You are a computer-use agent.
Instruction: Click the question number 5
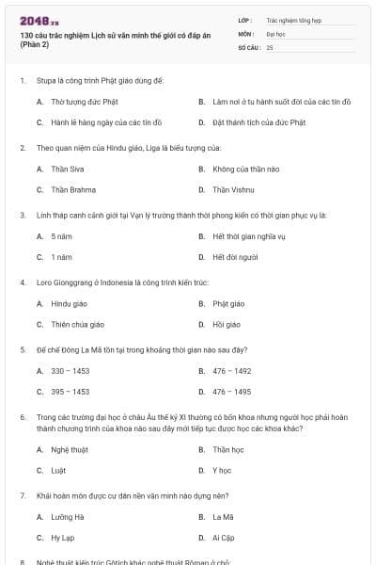(22, 349)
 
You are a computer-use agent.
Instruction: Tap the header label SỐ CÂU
(248, 46)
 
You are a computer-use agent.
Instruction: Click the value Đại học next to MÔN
(275, 33)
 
